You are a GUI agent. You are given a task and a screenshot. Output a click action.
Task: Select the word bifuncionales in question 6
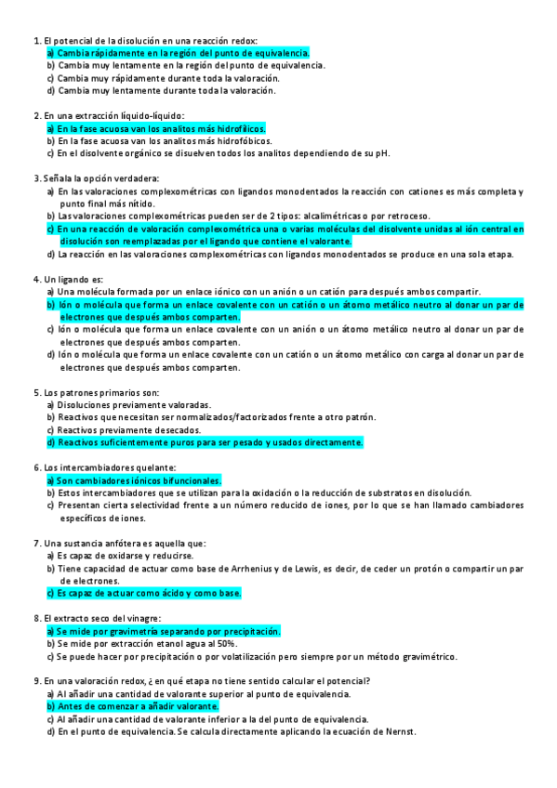[x=189, y=480]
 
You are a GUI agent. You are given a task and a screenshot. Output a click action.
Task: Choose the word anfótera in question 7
[x=110, y=543]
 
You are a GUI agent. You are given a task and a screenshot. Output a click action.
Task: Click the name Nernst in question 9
[x=399, y=731]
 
